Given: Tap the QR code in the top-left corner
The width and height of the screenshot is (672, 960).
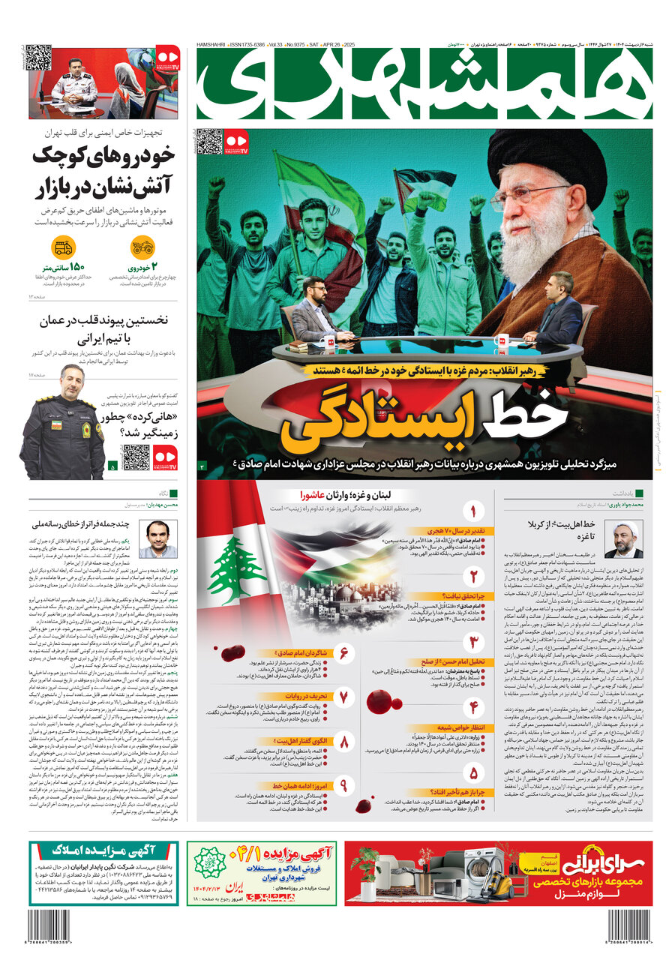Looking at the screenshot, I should coord(38,58).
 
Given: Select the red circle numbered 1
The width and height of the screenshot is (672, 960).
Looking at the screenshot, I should coord(473,512).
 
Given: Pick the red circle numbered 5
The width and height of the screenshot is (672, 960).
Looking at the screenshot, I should coord(473,772).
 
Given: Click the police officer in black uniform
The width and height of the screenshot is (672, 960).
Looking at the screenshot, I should coord(64,427).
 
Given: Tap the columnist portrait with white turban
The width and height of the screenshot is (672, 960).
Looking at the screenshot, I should coord(623,540).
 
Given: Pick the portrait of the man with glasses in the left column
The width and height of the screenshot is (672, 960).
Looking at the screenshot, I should coord(158,539).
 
